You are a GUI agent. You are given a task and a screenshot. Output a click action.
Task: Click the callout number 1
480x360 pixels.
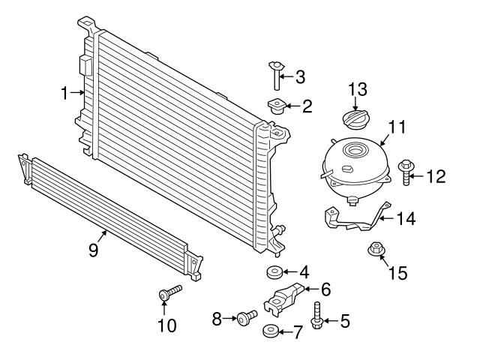coord(65,93)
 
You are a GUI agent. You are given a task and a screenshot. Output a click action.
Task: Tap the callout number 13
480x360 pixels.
coord(358,90)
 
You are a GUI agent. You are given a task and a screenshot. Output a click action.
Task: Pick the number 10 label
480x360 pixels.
coord(166,325)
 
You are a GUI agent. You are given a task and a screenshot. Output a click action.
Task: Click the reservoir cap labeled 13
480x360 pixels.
coord(352,120)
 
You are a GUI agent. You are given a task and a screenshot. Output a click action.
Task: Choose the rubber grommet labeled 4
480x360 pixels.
coord(274,271)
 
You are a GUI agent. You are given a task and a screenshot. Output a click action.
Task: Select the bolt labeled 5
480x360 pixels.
coord(316,316)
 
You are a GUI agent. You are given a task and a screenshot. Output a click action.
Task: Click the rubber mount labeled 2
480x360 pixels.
coord(274,106)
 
